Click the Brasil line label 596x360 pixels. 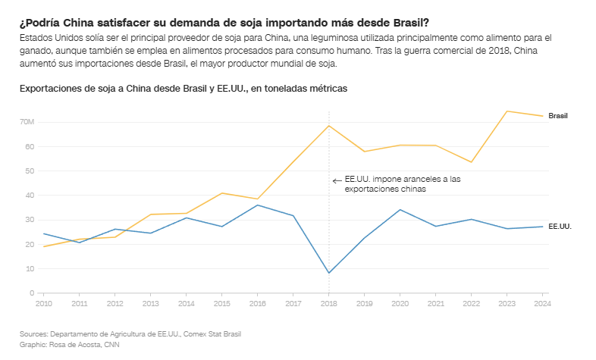(558, 116)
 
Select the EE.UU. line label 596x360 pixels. (559, 227)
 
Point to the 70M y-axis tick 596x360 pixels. (27, 122)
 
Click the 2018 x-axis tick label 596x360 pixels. (328, 304)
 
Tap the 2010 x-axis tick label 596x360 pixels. (43, 304)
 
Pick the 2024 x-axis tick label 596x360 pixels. (542, 304)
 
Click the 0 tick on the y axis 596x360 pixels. (33, 293)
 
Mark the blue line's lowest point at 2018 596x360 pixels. (328, 273)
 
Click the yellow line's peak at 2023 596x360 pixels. (507, 111)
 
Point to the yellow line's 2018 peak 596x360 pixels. (328, 126)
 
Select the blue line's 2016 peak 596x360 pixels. (257, 205)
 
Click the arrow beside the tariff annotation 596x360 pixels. (337, 180)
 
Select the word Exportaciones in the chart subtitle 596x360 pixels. (50, 89)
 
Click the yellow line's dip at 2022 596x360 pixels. (471, 162)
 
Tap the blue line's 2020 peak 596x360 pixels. (400, 210)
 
